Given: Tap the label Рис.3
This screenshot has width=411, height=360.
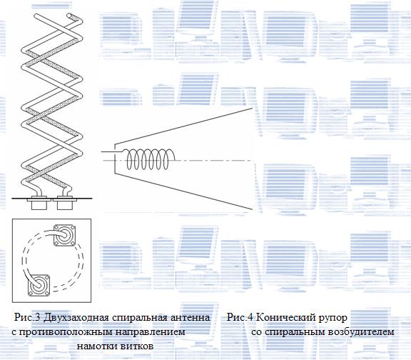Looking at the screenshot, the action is point(27,317).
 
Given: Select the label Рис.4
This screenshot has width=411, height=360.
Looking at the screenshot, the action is point(240,317).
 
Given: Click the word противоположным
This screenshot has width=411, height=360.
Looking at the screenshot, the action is point(66,332).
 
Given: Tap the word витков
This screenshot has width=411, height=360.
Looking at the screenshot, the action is point(137,346).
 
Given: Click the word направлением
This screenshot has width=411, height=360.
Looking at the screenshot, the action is point(151,332).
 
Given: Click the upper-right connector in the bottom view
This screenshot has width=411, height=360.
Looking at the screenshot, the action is point(64,235).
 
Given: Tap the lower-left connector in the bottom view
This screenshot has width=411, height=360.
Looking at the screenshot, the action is point(39,286).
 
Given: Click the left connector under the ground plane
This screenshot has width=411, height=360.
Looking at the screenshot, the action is point(39,203).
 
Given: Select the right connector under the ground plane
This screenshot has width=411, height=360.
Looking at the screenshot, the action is point(65,203).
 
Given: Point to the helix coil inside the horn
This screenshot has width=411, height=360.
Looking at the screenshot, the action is point(149,159).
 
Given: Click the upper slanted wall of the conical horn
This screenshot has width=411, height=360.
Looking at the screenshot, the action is point(183,126).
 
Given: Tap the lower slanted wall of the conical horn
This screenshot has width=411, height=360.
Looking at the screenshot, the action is point(183,191).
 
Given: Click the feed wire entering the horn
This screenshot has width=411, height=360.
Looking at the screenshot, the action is point(111,151).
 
